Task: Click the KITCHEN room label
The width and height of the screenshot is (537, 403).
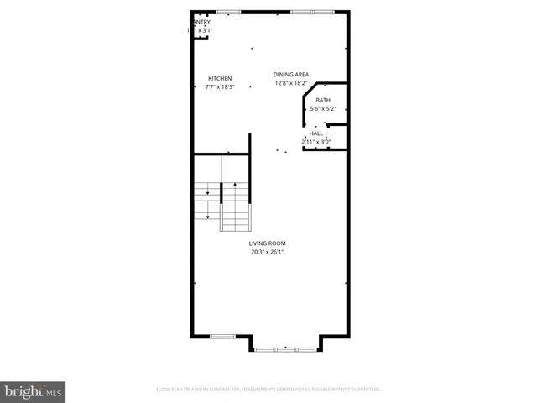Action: point(220,78)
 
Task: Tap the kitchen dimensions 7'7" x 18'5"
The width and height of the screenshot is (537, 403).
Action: point(220,86)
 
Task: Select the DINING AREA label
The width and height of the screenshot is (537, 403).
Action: point(290,75)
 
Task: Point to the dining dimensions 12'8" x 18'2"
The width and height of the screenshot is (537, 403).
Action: point(290,83)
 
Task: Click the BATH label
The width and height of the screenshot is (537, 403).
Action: point(323,101)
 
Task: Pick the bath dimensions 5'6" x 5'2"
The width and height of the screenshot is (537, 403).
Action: point(323,108)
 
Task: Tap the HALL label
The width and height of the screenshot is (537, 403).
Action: point(316,133)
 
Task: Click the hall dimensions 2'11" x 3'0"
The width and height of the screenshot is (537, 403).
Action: point(316,141)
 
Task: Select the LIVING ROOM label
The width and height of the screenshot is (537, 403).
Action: point(267,243)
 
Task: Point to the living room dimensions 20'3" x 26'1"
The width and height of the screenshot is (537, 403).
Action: point(267,251)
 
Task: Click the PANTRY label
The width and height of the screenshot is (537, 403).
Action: point(199,22)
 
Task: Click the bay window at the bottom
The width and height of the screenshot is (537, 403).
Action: point(284,348)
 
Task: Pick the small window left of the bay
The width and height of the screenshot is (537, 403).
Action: point(222,336)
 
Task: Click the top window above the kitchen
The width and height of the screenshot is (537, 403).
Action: point(228,12)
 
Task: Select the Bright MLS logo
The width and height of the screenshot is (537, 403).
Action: point(33,391)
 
